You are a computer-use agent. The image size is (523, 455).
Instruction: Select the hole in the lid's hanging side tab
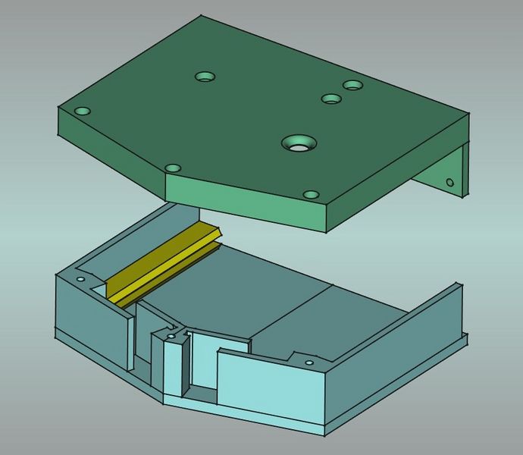[x=449, y=182]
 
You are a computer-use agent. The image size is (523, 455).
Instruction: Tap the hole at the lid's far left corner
[x=83, y=111]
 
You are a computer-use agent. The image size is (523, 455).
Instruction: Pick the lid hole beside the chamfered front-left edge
[x=173, y=168]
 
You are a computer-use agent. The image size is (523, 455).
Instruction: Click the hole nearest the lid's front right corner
[x=311, y=195]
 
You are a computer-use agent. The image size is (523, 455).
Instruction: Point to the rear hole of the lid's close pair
[x=353, y=85]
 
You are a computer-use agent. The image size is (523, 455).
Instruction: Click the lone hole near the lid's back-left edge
[x=205, y=77]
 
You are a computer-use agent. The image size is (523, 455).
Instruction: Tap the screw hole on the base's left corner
[x=80, y=278]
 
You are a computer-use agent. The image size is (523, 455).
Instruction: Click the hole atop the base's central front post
[x=171, y=336]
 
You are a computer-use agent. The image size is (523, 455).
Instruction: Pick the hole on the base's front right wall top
[x=308, y=362]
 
